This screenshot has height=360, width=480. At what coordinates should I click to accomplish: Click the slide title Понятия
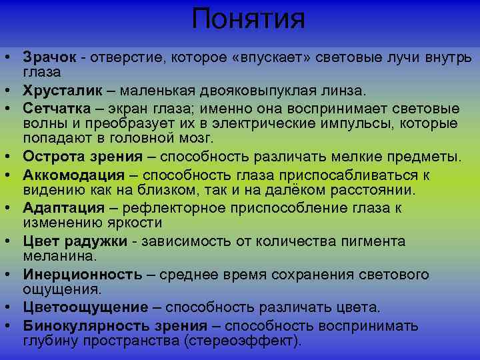[x=248, y=19]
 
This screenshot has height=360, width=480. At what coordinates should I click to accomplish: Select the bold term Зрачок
[x=50, y=57]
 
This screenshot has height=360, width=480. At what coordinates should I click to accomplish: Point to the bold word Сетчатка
[x=55, y=107]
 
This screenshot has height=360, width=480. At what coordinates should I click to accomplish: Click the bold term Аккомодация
[x=74, y=175]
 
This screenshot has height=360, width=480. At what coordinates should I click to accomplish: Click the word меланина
[x=59, y=255]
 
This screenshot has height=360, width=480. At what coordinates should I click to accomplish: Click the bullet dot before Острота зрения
[x=12, y=157]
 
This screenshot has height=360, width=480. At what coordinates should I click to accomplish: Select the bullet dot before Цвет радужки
[x=12, y=241]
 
